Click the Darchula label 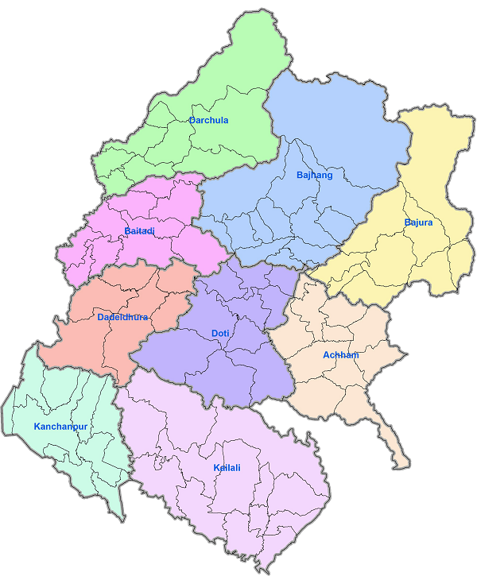208,121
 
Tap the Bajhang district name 314,175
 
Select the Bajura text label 418,222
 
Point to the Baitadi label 139,231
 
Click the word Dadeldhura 122,318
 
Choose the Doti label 220,334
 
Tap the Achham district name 340,355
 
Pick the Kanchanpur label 60,427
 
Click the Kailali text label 227,468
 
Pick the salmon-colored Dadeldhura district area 87,342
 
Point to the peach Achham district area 334,389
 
